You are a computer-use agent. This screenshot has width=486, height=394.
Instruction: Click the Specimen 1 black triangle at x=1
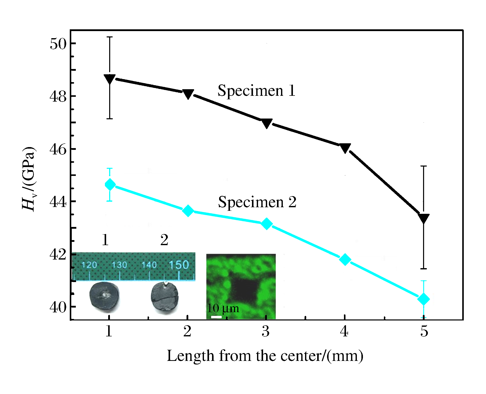(110, 79)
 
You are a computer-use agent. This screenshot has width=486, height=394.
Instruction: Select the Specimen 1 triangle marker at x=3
(267, 123)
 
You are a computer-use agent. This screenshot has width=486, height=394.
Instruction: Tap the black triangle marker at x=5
(424, 218)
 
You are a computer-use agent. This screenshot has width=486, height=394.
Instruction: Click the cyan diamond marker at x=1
(110, 185)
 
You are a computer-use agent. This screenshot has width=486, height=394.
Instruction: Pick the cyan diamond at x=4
(345, 259)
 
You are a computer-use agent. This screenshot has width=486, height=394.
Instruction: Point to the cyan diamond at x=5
(424, 299)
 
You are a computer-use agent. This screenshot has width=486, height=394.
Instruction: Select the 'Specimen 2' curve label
(257, 202)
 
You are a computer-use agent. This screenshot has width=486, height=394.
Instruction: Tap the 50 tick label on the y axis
(58, 44)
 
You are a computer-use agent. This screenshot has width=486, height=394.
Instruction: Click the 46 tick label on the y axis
(58, 149)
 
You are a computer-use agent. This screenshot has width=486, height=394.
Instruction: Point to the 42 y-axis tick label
(58, 254)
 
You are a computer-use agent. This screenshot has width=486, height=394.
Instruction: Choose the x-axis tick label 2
(187, 331)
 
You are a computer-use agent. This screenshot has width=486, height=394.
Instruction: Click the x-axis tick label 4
(344, 331)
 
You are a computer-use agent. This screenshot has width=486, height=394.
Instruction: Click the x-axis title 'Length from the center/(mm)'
(265, 356)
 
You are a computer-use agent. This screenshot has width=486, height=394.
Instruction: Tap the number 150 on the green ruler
(179, 265)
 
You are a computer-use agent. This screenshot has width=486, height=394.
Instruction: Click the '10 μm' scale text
(223, 308)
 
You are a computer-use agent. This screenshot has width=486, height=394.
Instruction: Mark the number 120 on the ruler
(89, 265)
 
